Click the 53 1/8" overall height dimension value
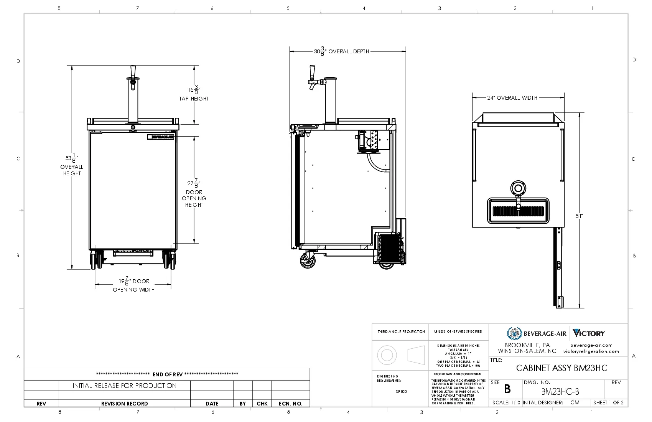pos(72,158)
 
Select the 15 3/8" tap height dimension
pos(194,90)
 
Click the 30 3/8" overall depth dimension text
pos(341,51)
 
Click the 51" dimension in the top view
pos(579,216)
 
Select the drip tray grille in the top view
pos(517,211)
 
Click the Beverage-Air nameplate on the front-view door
pos(161,137)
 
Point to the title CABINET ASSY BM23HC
pos(561,368)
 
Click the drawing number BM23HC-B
pos(560,392)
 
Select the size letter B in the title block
pos(507,390)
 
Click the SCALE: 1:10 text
pos(506,403)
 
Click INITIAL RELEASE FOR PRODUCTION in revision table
pos(125,386)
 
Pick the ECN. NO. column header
pos(290,404)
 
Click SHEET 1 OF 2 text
pos(608,403)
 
